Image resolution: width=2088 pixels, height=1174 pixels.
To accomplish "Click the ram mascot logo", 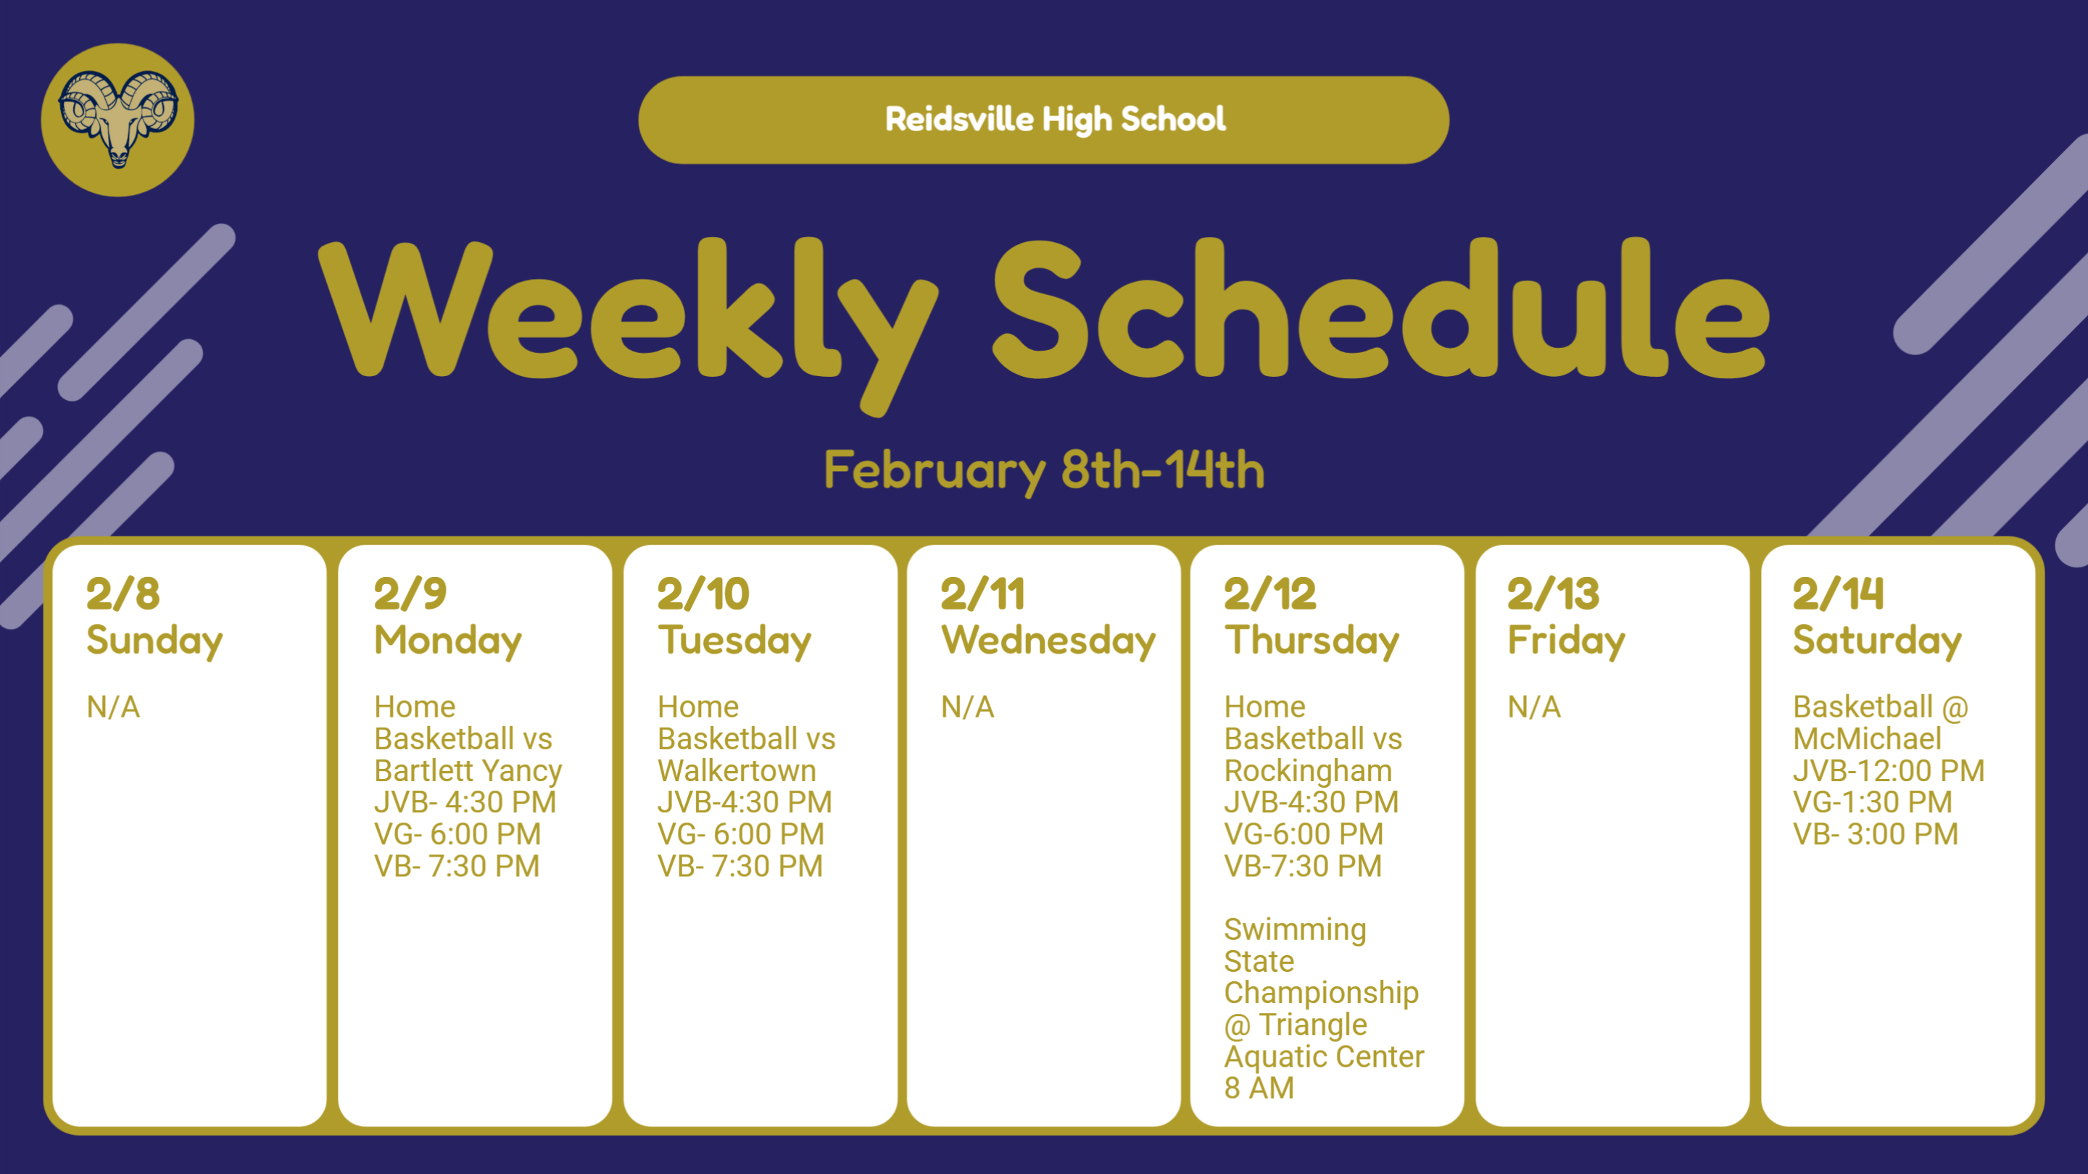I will click(117, 119).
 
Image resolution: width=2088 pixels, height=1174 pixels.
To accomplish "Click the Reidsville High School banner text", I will click(1055, 119).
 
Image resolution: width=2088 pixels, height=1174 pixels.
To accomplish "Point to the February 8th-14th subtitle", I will click(1044, 470).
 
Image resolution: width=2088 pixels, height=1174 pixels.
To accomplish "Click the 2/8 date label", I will click(123, 594).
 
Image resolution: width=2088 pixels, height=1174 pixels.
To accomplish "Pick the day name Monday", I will click(447, 641).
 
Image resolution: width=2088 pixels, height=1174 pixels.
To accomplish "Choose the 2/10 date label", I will click(703, 594).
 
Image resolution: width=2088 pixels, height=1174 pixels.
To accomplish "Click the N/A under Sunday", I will click(114, 707).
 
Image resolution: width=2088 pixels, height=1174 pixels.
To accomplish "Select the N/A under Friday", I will click(1533, 707).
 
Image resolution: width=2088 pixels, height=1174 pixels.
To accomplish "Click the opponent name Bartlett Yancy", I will click(468, 770).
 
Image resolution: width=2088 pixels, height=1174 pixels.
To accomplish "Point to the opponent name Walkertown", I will click(736, 770).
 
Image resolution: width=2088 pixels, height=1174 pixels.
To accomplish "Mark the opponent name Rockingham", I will click(1307, 770).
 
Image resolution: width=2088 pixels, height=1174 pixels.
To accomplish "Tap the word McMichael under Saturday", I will click(1867, 739).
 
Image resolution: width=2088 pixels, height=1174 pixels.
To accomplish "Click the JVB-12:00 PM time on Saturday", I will click(1889, 770).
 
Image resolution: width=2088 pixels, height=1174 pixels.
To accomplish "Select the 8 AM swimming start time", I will click(1259, 1088).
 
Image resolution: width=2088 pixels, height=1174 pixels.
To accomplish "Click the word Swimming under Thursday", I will click(1294, 929).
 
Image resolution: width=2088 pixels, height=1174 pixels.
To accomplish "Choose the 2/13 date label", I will click(1553, 594).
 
